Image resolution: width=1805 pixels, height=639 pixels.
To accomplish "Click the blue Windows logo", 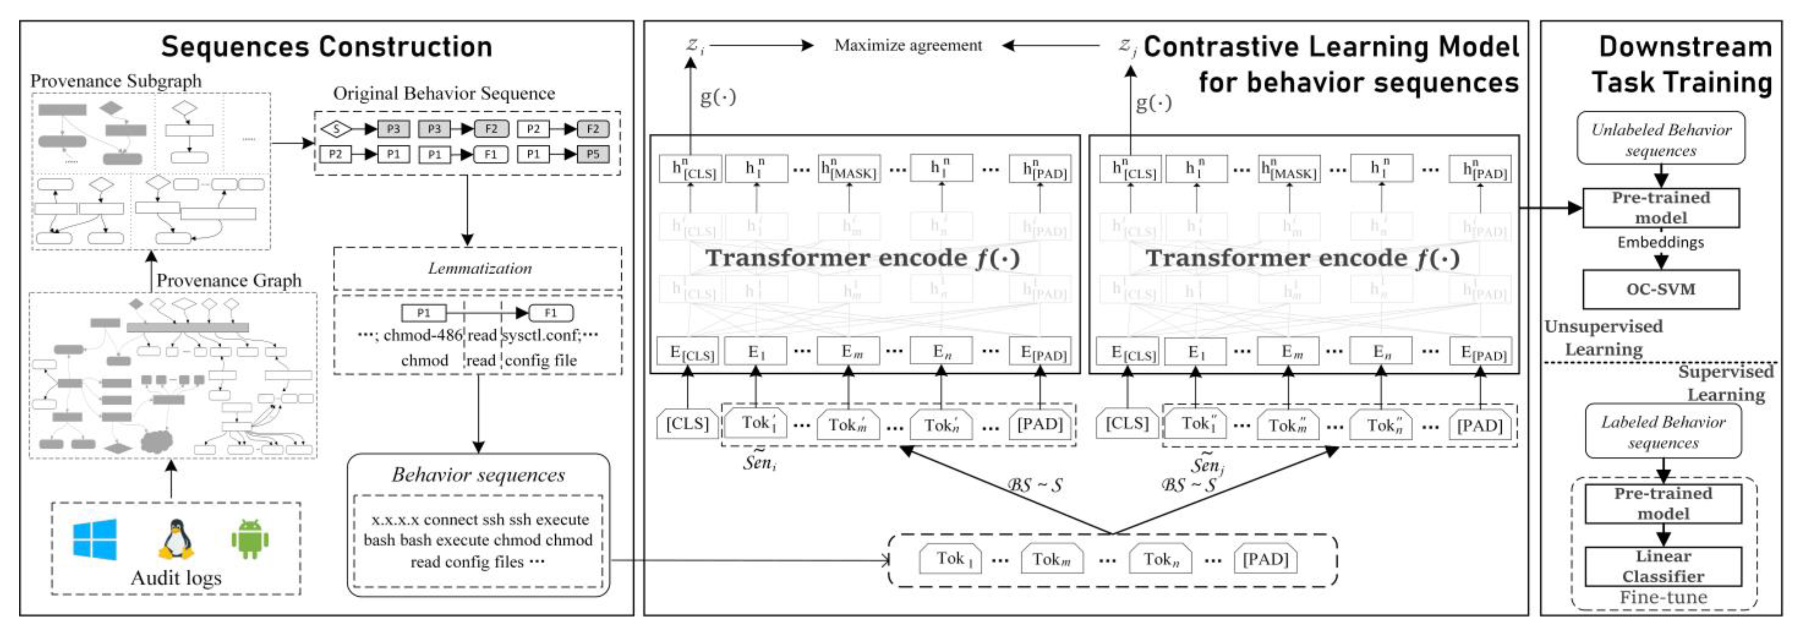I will point(95,540).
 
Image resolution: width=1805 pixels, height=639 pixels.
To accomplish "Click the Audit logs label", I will point(176,578).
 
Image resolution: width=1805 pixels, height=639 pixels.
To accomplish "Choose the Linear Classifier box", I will point(1663,566).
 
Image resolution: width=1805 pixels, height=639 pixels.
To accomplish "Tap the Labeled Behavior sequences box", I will point(1663,432).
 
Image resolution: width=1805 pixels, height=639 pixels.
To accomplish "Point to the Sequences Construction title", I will point(327,47).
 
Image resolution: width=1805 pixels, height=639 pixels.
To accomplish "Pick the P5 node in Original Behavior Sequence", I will point(593,154).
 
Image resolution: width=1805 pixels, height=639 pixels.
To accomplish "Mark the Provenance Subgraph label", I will point(116,81).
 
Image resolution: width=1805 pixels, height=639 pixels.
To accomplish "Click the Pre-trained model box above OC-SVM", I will point(1661,207).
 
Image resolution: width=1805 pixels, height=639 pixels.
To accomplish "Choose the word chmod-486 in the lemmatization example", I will point(422,336).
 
